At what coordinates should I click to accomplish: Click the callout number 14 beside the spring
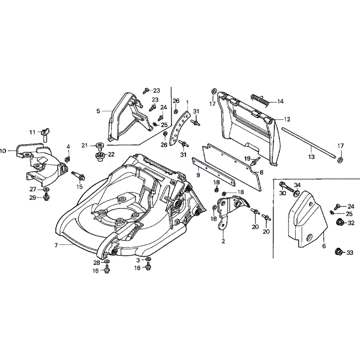(280, 102)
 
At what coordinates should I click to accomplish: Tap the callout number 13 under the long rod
(311, 157)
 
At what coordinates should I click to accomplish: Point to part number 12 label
(287, 119)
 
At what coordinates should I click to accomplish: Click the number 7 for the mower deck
(56, 245)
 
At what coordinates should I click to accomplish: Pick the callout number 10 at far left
(4, 151)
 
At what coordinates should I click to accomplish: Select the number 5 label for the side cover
(98, 111)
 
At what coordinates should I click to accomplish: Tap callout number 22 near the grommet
(111, 154)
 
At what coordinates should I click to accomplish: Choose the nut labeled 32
(339, 222)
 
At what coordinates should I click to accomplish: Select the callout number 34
(297, 185)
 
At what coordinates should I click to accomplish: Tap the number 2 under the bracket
(223, 241)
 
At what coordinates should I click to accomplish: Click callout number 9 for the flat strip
(198, 175)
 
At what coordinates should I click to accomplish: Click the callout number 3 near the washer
(138, 260)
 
